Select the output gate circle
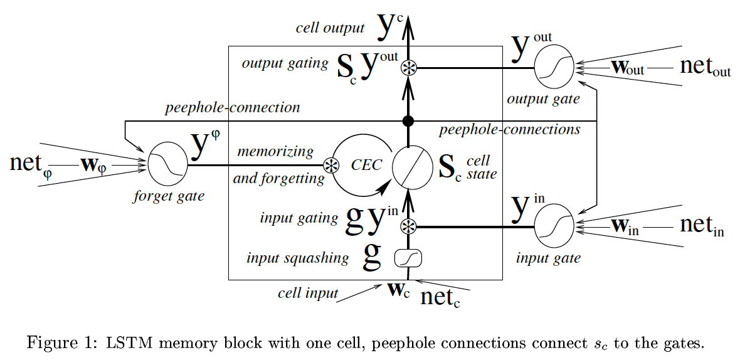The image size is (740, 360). (554, 68)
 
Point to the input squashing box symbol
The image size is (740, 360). (408, 257)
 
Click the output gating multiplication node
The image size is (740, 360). (408, 68)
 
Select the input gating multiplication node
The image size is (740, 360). (408, 226)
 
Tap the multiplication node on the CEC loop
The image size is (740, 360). (330, 166)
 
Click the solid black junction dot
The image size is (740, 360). (408, 120)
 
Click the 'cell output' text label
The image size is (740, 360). (330, 28)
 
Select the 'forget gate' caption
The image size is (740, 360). (169, 196)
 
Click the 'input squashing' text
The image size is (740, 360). (298, 258)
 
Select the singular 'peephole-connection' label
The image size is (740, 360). (233, 108)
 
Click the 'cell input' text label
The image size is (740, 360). (308, 293)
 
